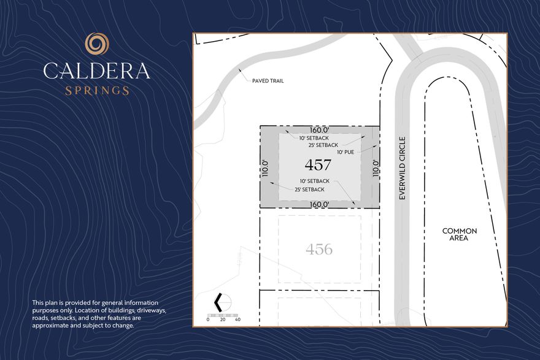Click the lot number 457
pos(318,165)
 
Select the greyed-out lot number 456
pos(319,250)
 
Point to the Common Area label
pos(460,234)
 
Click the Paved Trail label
pos(268,81)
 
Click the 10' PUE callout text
pos(349,152)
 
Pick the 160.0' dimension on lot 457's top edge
pos(320,130)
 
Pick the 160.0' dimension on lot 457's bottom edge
pos(320,204)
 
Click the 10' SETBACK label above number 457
pos(314,138)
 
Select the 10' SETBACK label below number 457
pos(315,181)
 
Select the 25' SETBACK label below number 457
pos(310,189)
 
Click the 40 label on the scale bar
pos(237,320)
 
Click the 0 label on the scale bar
pos(208,320)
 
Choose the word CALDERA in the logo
pos(97,71)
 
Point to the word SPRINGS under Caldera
pos(97,91)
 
